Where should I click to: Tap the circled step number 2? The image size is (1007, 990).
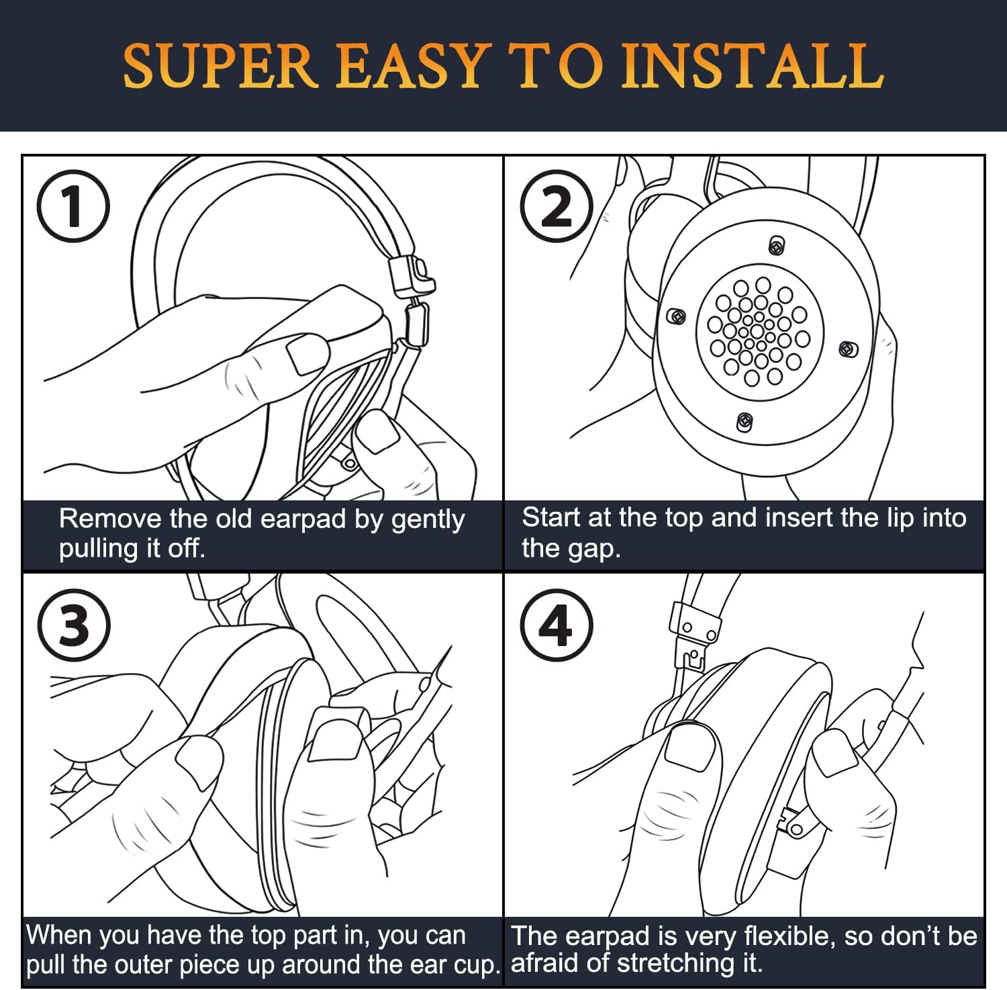[x=557, y=206]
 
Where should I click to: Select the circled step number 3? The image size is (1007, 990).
[x=73, y=625]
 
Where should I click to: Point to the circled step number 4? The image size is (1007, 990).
[x=557, y=625]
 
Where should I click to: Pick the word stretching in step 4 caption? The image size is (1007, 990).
[x=681, y=964]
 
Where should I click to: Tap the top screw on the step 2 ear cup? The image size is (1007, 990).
[x=777, y=245]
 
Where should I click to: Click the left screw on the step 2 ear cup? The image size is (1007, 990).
[x=676, y=316]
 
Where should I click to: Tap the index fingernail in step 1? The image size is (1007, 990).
[x=308, y=354]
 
